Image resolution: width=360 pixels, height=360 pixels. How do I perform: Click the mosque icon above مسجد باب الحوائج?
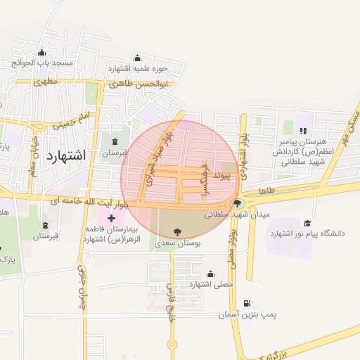[x=42, y=53]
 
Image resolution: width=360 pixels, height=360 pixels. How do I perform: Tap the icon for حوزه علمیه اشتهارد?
[x=136, y=58]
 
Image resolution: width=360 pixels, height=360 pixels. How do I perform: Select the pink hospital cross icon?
[x=112, y=219]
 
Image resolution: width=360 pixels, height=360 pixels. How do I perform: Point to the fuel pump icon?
[x=246, y=304]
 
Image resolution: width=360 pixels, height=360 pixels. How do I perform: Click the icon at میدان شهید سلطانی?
[x=236, y=204]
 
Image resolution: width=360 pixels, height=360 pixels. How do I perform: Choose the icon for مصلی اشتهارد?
[x=210, y=274]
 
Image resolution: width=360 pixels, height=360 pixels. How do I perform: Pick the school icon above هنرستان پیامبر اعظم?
[x=303, y=131]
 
